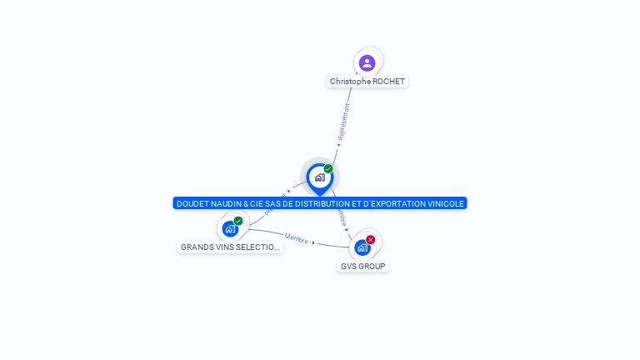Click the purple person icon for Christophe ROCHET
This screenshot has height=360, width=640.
(367, 62)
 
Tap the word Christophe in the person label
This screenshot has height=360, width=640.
(349, 82)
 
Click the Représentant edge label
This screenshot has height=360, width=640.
(343, 122)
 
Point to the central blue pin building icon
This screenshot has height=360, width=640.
(319, 177)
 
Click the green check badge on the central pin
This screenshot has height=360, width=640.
(328, 168)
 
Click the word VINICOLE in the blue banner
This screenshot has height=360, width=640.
(443, 203)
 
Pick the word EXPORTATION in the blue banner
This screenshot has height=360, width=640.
(394, 203)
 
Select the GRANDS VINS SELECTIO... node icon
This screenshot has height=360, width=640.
(230, 228)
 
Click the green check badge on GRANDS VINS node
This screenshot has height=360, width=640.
(238, 221)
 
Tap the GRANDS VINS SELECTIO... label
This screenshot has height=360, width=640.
(231, 247)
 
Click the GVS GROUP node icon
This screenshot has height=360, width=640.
(362, 247)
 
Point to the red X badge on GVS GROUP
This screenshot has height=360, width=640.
(371, 239)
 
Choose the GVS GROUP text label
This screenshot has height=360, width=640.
(363, 267)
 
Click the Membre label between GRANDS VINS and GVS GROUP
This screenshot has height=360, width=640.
(296, 238)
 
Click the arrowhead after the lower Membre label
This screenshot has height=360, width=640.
(314, 242)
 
